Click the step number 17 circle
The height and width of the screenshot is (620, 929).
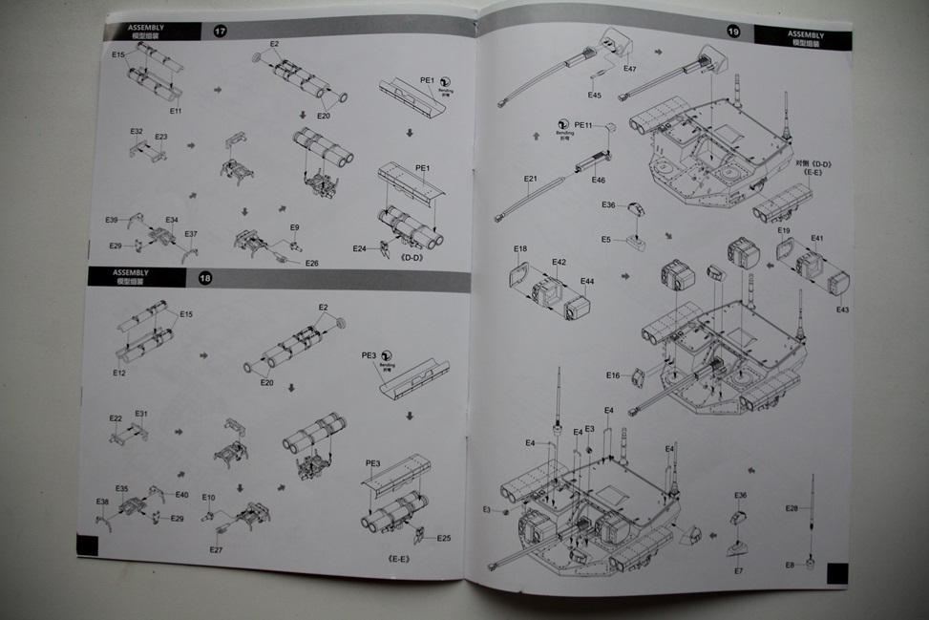(x=221, y=32)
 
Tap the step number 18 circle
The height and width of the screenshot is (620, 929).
(x=205, y=278)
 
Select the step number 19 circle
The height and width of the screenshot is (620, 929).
(x=733, y=32)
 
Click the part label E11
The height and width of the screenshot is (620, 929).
(x=176, y=112)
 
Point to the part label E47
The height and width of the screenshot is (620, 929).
(x=630, y=69)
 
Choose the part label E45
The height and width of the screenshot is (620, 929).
(x=595, y=95)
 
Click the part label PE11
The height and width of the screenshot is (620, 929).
(x=584, y=125)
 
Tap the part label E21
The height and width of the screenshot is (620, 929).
(x=531, y=179)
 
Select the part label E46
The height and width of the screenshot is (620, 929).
(x=599, y=180)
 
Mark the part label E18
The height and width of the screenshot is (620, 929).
(x=520, y=248)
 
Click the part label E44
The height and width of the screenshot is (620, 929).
(x=587, y=281)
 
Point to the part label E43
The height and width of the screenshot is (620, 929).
(x=841, y=310)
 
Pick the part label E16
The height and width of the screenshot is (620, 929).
(x=613, y=375)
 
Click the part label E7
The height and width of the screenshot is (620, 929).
(x=738, y=570)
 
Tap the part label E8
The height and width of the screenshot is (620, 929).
(x=790, y=565)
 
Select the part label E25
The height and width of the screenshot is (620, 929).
(x=444, y=538)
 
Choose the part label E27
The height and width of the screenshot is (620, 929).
(x=215, y=549)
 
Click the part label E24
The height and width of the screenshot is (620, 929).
(x=359, y=248)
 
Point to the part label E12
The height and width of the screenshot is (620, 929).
(x=118, y=373)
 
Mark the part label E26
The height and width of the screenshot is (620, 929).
(x=312, y=264)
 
